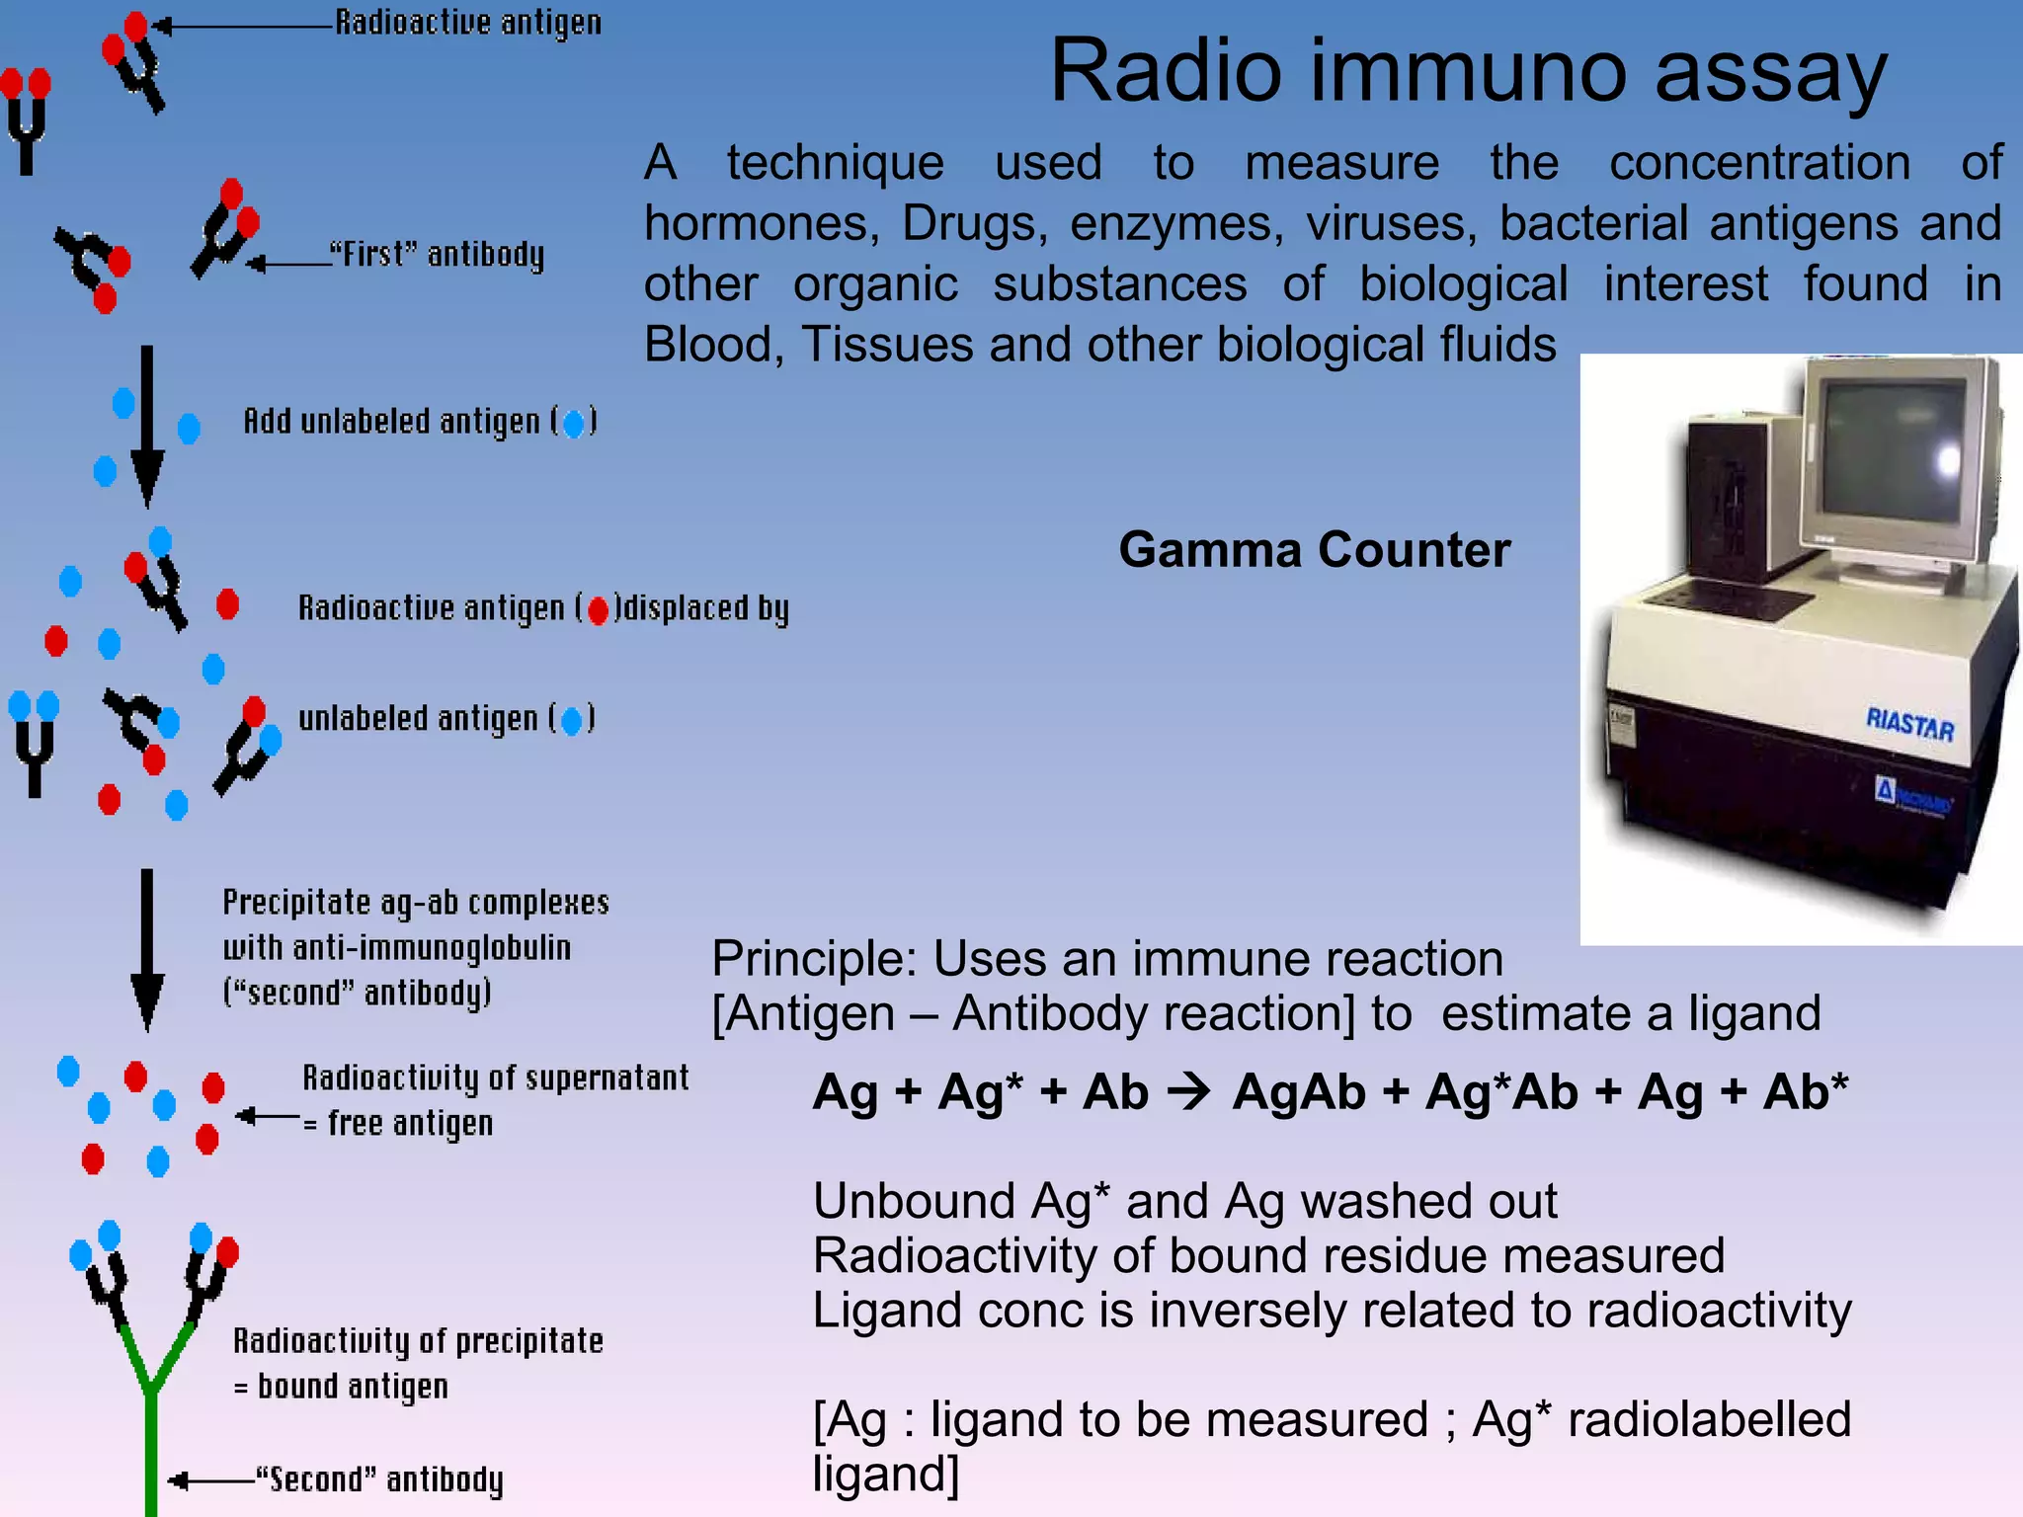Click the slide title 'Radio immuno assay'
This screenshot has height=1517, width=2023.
click(x=1468, y=71)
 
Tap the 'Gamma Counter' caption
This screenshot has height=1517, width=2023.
click(x=1314, y=550)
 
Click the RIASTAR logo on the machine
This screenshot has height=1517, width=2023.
click(x=1909, y=724)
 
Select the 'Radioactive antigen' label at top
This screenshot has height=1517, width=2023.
click(x=468, y=23)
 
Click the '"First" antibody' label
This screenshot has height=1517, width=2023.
click(x=437, y=255)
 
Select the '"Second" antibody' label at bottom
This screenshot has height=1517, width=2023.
click(x=379, y=1479)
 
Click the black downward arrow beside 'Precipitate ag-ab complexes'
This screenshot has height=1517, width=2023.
click(x=147, y=948)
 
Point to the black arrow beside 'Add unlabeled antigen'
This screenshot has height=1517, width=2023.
click(x=147, y=425)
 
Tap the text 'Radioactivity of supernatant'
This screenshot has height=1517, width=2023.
click(x=495, y=1078)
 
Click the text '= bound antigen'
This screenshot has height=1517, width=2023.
click(x=341, y=1387)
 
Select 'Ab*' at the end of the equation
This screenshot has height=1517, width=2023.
click(x=1805, y=1092)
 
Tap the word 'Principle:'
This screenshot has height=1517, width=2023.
click(x=815, y=959)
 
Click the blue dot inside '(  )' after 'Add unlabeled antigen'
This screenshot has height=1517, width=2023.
click(x=573, y=424)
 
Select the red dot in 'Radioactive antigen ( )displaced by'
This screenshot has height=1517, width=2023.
click(x=598, y=611)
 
